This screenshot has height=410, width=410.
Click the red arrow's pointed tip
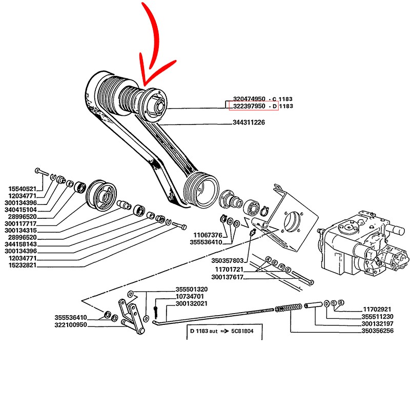144,85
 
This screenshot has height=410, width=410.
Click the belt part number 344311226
249,123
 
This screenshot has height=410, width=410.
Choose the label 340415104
21,209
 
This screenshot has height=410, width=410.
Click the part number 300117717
21,223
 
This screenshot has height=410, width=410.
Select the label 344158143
21,244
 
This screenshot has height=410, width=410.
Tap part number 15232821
21,265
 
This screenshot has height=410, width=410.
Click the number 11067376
208,235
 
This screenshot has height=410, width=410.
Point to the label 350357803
228,261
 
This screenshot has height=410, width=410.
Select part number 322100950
71,325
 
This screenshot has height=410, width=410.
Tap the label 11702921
377,310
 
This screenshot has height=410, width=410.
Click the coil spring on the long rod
286,309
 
